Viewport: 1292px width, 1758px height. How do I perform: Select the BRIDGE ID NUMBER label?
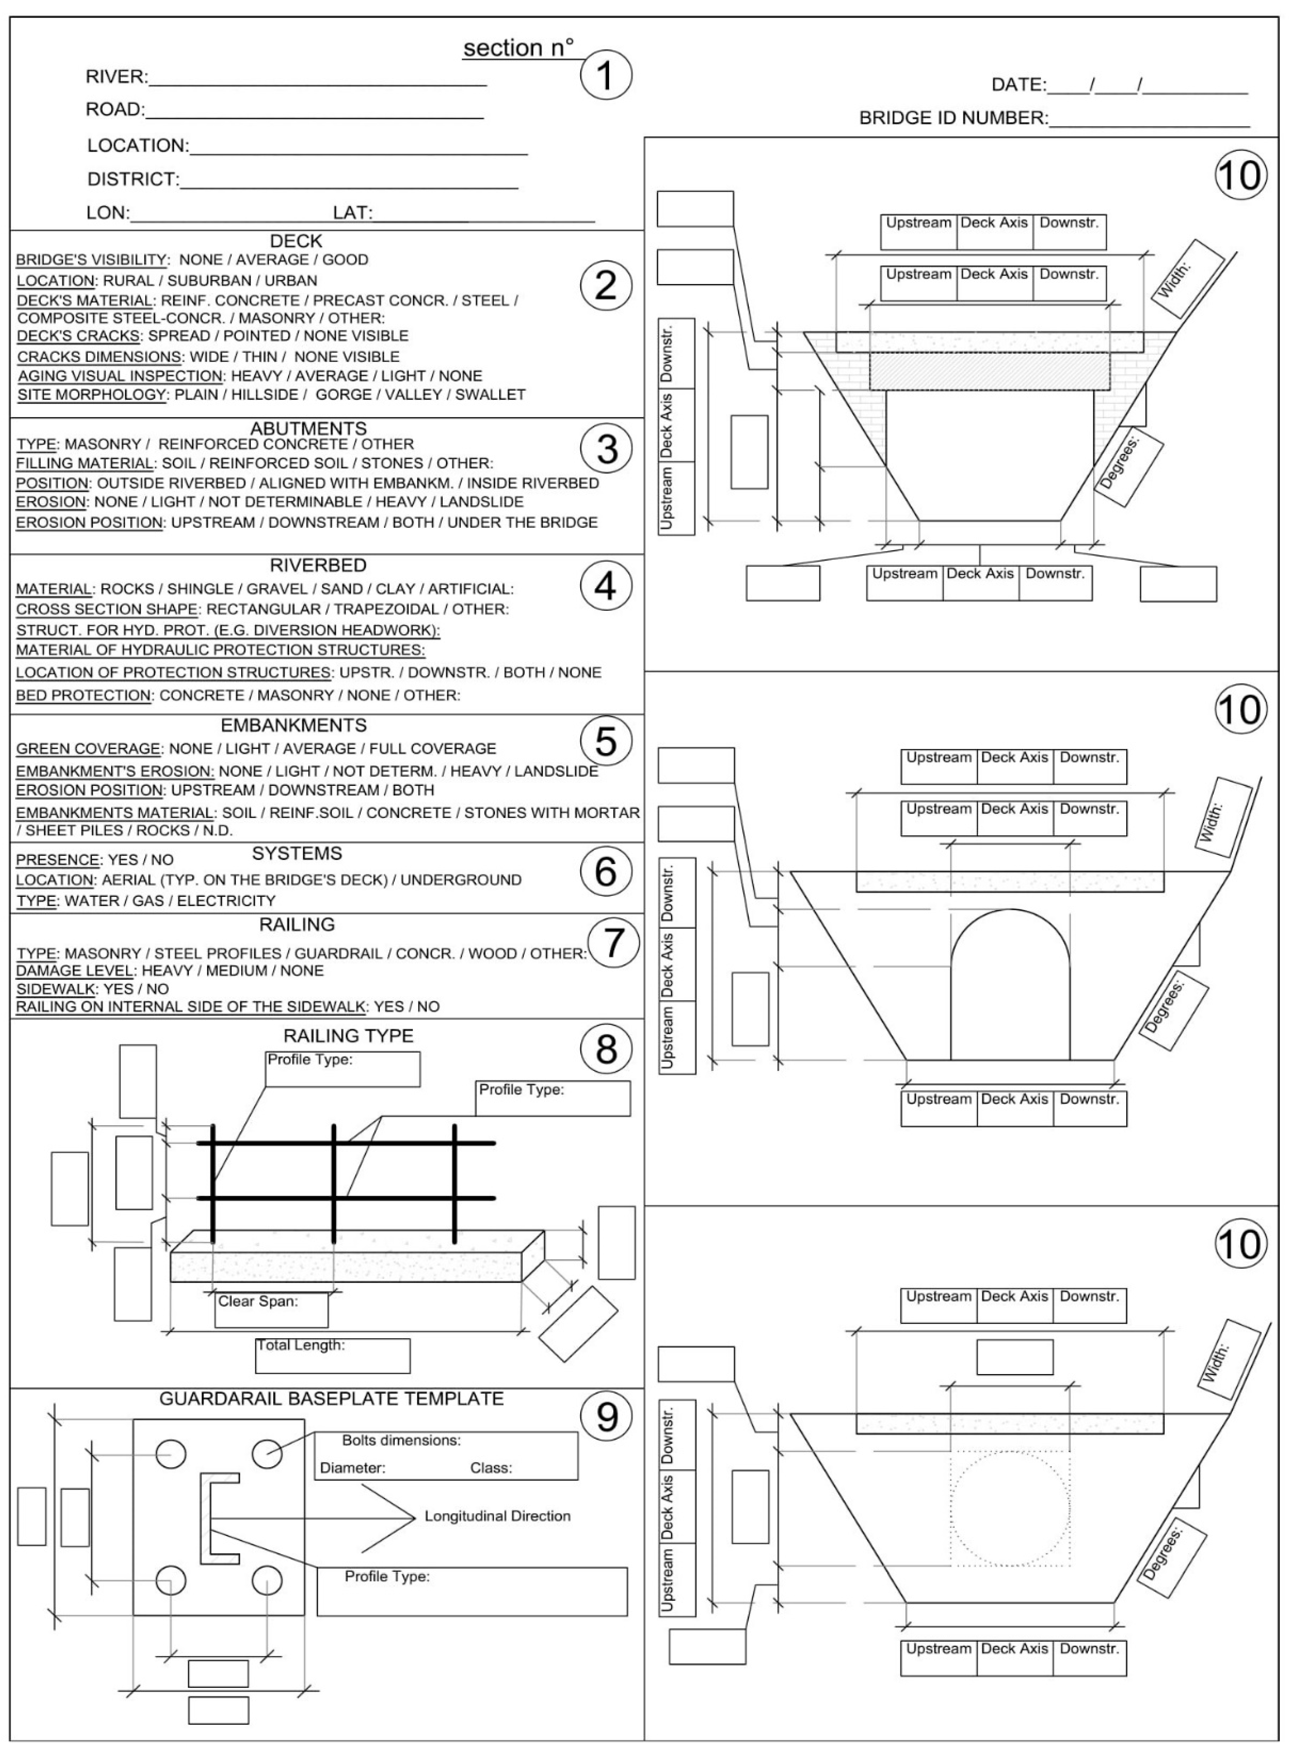[x=953, y=118]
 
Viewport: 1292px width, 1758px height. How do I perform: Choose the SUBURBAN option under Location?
[x=216, y=280]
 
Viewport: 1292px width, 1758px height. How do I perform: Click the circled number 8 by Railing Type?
[x=606, y=1049]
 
